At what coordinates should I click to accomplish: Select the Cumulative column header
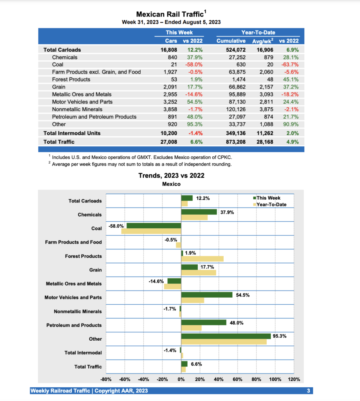(231, 41)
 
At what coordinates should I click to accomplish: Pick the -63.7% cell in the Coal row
(289, 65)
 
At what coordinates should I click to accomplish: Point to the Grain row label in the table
(58, 87)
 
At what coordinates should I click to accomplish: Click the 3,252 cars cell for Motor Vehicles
(170, 102)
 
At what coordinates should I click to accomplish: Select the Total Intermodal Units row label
(72, 133)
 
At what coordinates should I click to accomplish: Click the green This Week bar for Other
(226, 336)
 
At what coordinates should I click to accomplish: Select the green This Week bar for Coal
(154, 226)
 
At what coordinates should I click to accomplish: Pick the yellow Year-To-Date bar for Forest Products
(202, 259)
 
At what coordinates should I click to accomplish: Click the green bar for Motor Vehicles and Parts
(206, 294)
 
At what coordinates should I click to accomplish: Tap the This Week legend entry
(268, 198)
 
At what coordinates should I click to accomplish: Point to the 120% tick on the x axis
(294, 379)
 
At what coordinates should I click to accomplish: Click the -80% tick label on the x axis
(106, 379)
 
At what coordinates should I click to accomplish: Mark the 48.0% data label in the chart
(236, 323)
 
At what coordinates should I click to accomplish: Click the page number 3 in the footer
(309, 391)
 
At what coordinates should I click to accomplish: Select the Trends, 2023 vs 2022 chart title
(171, 175)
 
